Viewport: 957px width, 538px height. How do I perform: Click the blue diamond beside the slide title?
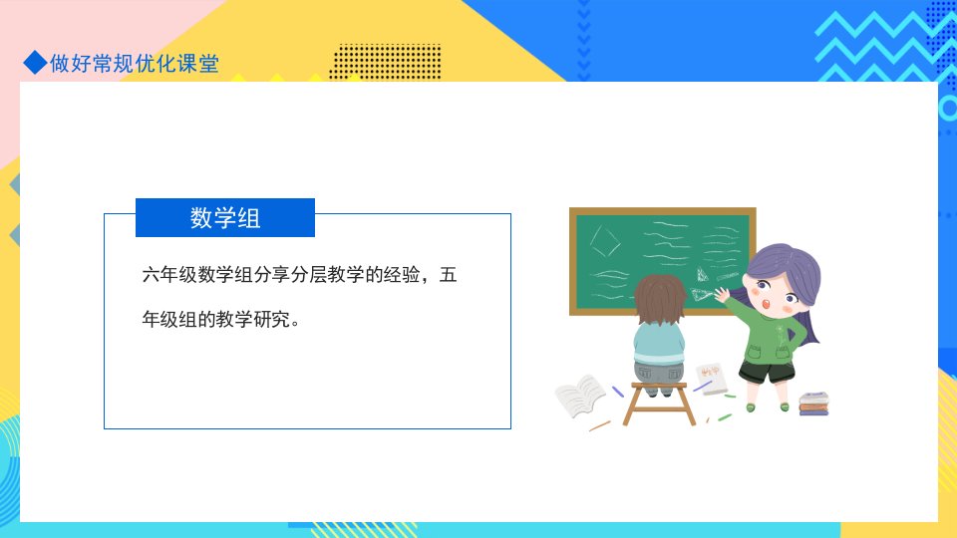click(x=36, y=62)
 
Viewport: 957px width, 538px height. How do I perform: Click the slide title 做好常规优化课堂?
click(x=135, y=64)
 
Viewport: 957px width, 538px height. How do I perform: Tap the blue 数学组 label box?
click(x=225, y=218)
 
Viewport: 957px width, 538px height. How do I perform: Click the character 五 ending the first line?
click(x=448, y=275)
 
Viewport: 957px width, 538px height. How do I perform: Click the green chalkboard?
click(x=662, y=261)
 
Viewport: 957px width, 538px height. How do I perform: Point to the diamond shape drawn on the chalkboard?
click(x=605, y=241)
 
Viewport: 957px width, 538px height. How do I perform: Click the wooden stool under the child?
click(x=659, y=403)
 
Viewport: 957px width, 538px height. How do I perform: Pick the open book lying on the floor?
click(x=580, y=396)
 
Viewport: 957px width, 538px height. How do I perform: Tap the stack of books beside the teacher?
click(x=814, y=403)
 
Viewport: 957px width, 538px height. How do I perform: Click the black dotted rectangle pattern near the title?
click(x=385, y=61)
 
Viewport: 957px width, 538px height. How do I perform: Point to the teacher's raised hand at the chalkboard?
click(x=722, y=295)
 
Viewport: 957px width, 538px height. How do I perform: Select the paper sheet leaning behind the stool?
click(x=712, y=379)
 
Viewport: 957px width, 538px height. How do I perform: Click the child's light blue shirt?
click(x=659, y=344)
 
